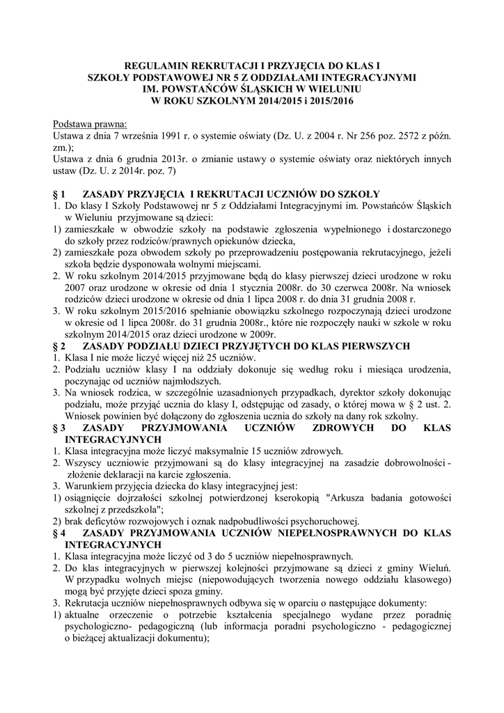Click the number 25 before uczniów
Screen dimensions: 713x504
180,358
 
